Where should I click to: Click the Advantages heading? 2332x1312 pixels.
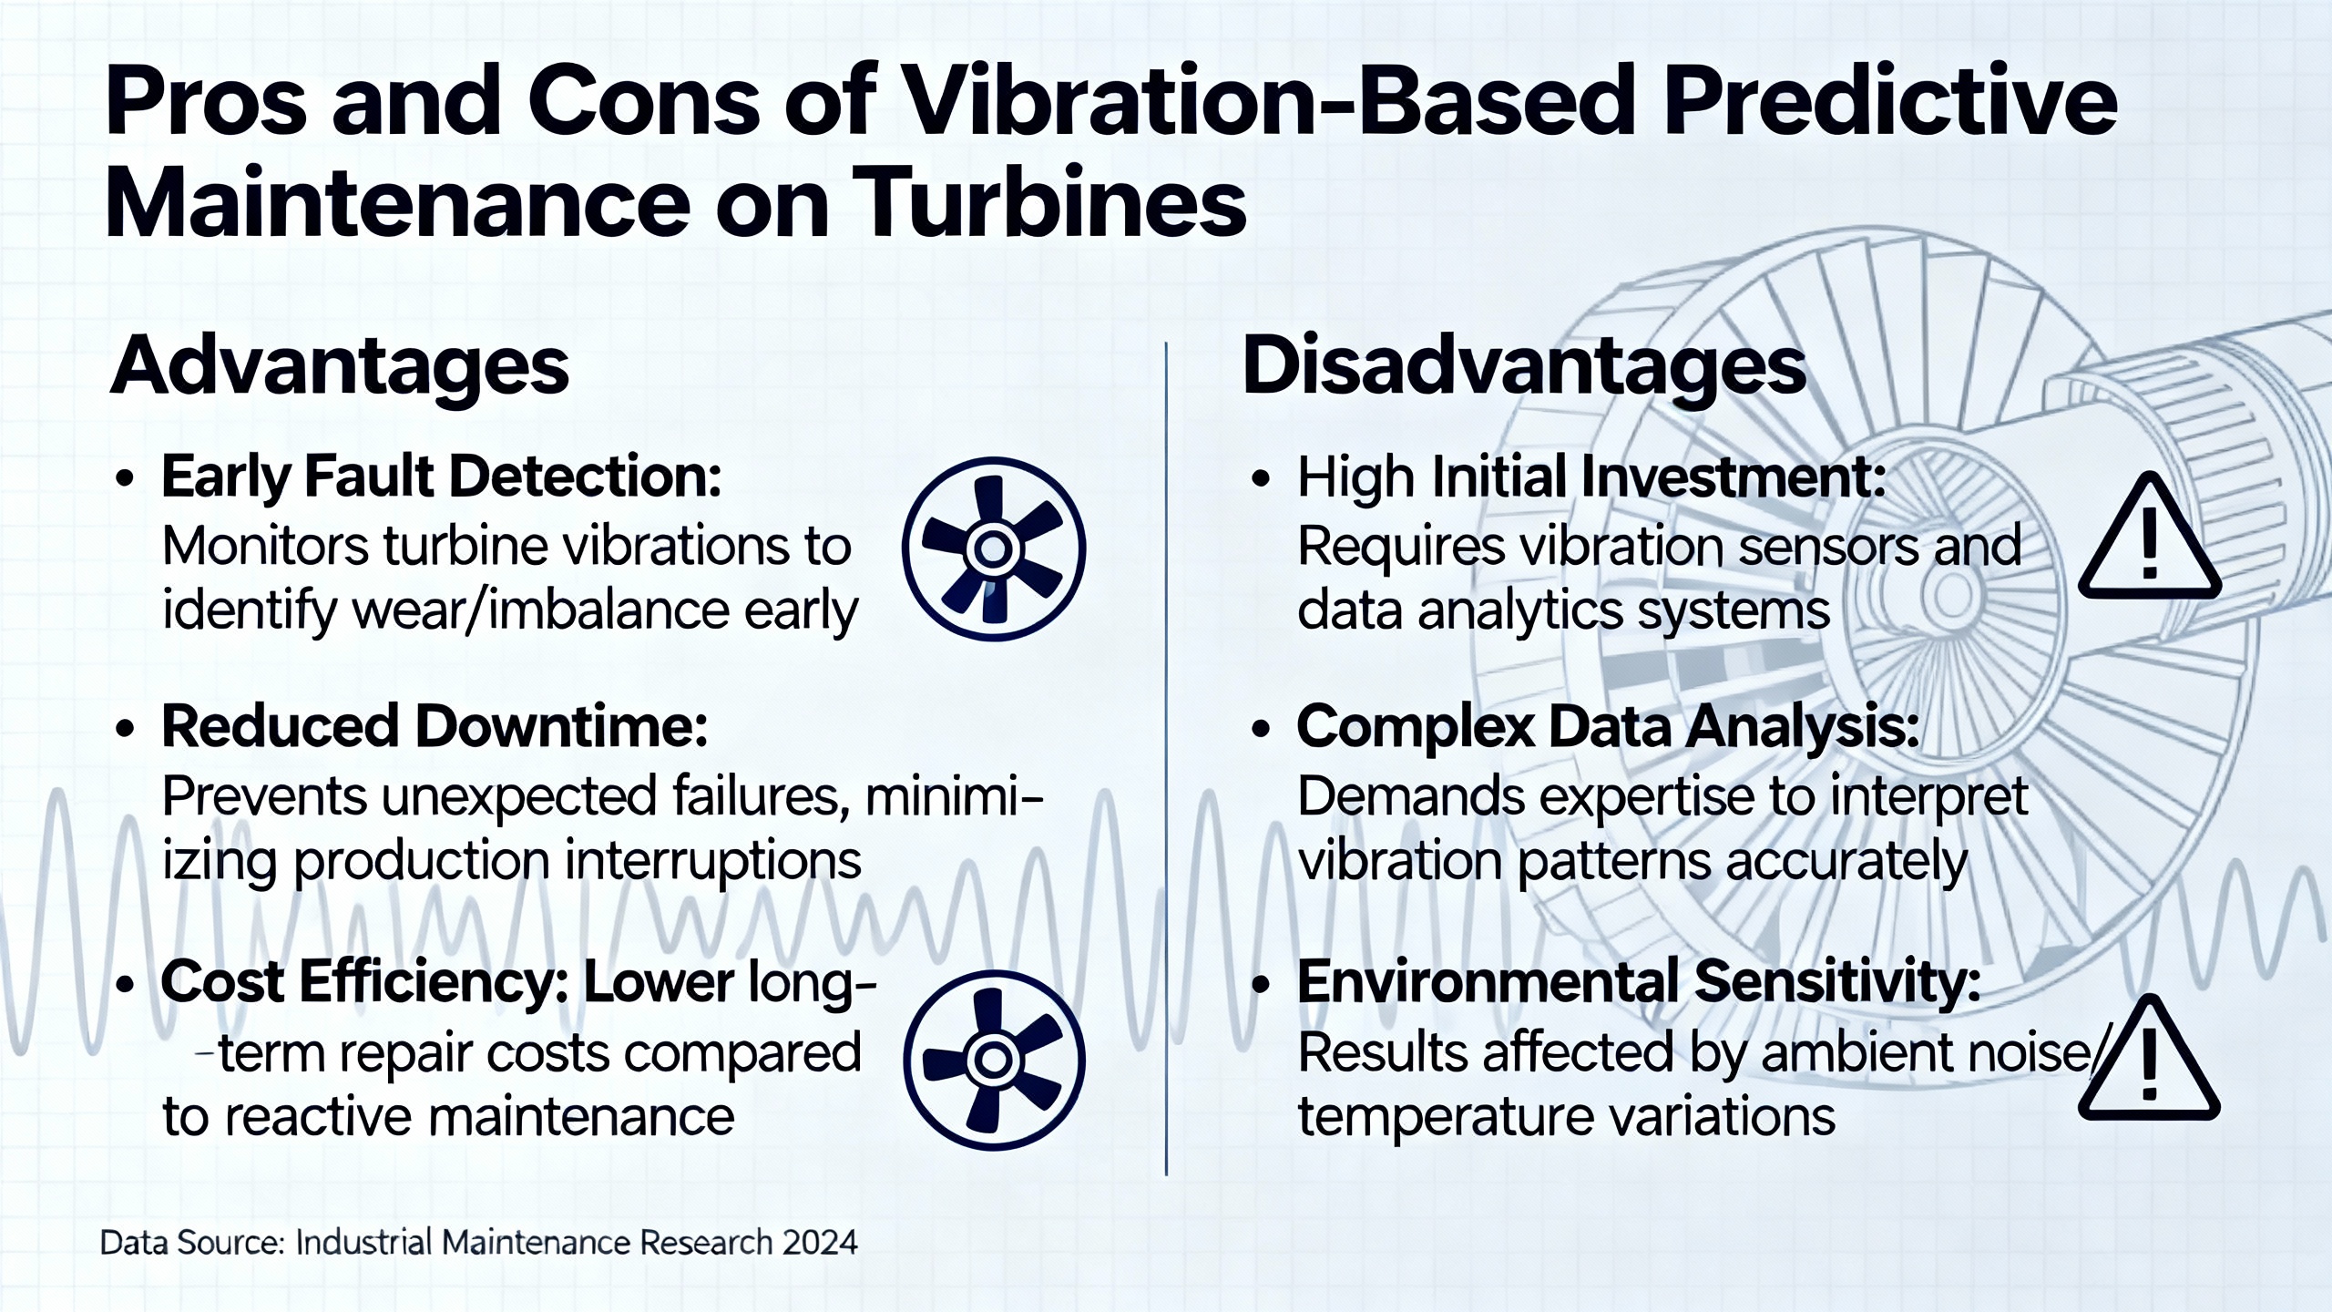pyautogui.click(x=339, y=367)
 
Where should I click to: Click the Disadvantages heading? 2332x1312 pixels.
pyautogui.click(x=1523, y=367)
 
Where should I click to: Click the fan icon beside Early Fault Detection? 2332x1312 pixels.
pyautogui.click(x=994, y=548)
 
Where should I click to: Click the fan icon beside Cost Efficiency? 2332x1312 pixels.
pyautogui.click(x=994, y=1059)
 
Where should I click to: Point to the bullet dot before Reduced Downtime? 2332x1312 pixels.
pyautogui.click(x=126, y=729)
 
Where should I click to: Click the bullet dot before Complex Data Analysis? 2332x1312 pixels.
pyautogui.click(x=1261, y=729)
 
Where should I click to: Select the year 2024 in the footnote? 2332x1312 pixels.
pyautogui.click(x=819, y=1243)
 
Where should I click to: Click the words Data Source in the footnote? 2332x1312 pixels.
pyautogui.click(x=192, y=1243)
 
